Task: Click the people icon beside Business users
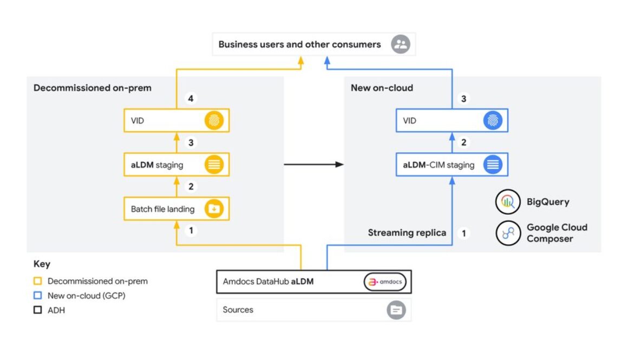[x=401, y=44]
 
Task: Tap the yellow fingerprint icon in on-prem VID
[x=214, y=121]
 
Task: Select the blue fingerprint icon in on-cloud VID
[x=493, y=121]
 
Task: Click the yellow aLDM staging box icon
[x=214, y=165]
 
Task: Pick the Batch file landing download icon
[x=214, y=209]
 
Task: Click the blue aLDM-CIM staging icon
[x=493, y=165]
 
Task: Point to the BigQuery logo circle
[x=508, y=202]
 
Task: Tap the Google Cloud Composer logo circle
[x=508, y=233]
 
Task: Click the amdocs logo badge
[x=384, y=282]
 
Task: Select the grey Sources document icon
[x=396, y=310]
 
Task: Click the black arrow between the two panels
[x=314, y=164]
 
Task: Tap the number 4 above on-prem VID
[x=190, y=99]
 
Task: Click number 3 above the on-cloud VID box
[x=463, y=99]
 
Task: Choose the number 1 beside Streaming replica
[x=463, y=233]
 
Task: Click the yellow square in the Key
[x=38, y=282]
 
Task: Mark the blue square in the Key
[x=38, y=296]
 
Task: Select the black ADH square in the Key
[x=38, y=310]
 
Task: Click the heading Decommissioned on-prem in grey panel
[x=93, y=88]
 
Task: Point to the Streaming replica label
[x=407, y=233]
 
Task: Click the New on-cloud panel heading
[x=382, y=88]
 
